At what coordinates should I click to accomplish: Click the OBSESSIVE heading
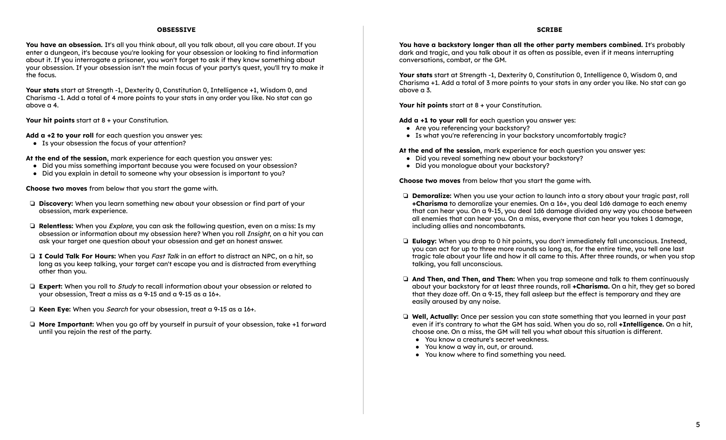click(x=176, y=30)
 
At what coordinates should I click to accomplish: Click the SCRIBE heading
click(x=549, y=30)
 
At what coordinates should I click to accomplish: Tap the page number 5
click(x=697, y=424)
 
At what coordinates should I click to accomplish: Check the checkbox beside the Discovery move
click(x=32, y=204)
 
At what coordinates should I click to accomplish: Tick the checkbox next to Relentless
click(x=32, y=226)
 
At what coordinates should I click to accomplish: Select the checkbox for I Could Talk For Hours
click(x=32, y=256)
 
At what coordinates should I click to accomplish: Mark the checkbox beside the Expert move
click(x=32, y=286)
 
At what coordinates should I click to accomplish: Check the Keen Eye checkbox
click(x=32, y=309)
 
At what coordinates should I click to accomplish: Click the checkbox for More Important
click(x=32, y=324)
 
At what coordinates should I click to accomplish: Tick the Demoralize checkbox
click(x=405, y=196)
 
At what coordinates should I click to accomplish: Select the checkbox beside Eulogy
click(x=405, y=241)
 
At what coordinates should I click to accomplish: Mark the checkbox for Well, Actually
click(x=405, y=317)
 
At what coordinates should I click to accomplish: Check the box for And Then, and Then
click(x=405, y=279)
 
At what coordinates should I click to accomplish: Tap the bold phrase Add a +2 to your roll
click(x=60, y=135)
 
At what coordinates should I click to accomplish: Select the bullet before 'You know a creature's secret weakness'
click(x=418, y=339)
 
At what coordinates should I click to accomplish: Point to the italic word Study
click(x=127, y=286)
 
